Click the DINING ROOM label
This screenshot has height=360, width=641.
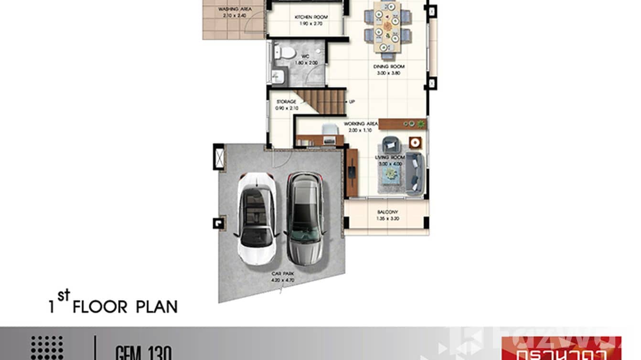click(389, 67)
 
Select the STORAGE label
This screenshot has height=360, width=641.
click(286, 102)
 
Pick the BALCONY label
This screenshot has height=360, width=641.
click(387, 212)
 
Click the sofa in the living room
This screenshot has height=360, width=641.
click(415, 174)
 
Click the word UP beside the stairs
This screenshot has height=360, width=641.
click(352, 102)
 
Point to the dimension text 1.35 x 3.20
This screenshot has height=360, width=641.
click(387, 219)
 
